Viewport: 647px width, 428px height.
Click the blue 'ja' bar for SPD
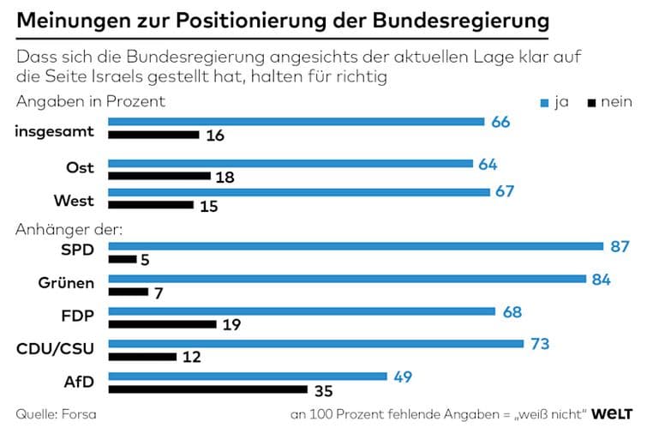point(356,245)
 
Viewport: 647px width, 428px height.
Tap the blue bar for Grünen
point(348,278)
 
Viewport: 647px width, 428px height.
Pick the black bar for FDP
point(162,324)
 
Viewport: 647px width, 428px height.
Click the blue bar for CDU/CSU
point(315,343)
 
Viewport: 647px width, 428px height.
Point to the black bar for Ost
point(159,176)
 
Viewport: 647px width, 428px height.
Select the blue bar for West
point(298,191)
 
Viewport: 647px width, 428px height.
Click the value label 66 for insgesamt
point(500,122)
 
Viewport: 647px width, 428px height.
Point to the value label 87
point(620,246)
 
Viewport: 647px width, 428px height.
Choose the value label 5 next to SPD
point(145,260)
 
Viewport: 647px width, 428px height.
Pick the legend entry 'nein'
point(610,103)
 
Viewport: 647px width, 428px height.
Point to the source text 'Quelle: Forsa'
point(56,414)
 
